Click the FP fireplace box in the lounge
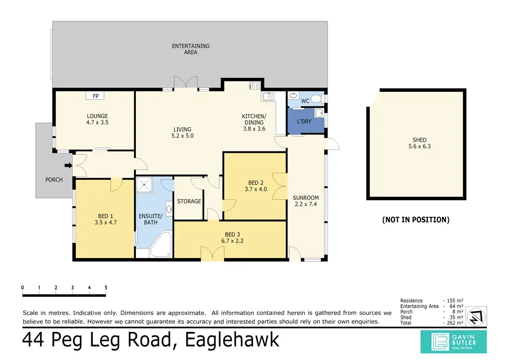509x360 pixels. (x=95, y=96)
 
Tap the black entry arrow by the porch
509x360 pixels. (x=68, y=165)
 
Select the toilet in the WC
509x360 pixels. (x=316, y=98)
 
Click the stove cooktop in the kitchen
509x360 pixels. (x=254, y=86)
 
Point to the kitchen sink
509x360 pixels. (x=268, y=96)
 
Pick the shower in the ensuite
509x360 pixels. (x=144, y=185)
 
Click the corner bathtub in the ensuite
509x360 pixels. (x=160, y=244)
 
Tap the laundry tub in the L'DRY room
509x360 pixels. (x=319, y=113)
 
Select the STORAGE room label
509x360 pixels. (x=189, y=201)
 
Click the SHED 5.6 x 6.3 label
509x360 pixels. (x=419, y=143)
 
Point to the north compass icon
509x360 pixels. (x=477, y=316)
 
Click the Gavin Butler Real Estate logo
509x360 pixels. (x=453, y=342)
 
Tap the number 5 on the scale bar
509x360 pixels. (x=106, y=287)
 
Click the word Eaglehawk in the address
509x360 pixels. (x=232, y=340)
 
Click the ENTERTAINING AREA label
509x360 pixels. (x=191, y=49)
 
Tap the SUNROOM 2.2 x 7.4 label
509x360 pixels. (x=305, y=201)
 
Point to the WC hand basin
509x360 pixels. (x=294, y=96)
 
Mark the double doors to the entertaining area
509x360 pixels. (x=186, y=83)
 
